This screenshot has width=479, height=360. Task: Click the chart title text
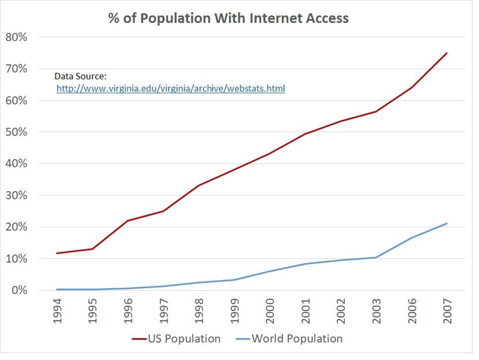[x=229, y=18]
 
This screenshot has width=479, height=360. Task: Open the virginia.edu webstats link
[x=171, y=89]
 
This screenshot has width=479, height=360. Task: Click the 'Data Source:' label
[x=80, y=76]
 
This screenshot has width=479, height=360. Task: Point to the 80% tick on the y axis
[x=16, y=37]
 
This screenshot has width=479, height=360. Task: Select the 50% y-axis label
[x=16, y=132]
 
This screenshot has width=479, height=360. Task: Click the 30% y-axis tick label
[x=16, y=195]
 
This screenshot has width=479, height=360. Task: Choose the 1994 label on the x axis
[x=58, y=311]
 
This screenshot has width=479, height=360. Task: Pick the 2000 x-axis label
[x=270, y=311]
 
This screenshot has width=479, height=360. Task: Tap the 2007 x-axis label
[x=447, y=311]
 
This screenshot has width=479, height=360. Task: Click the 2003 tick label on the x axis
[x=376, y=311]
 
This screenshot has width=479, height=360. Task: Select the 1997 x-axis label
[x=164, y=311]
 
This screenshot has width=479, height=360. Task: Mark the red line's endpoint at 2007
[x=447, y=53]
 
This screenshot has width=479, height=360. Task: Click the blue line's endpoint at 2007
[x=447, y=223]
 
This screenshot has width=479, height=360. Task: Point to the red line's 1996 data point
[x=129, y=220]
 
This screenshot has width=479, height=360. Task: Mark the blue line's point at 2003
[x=376, y=257]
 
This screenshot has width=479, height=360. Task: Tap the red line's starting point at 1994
[x=58, y=253]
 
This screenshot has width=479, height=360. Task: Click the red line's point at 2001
[x=305, y=134]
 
